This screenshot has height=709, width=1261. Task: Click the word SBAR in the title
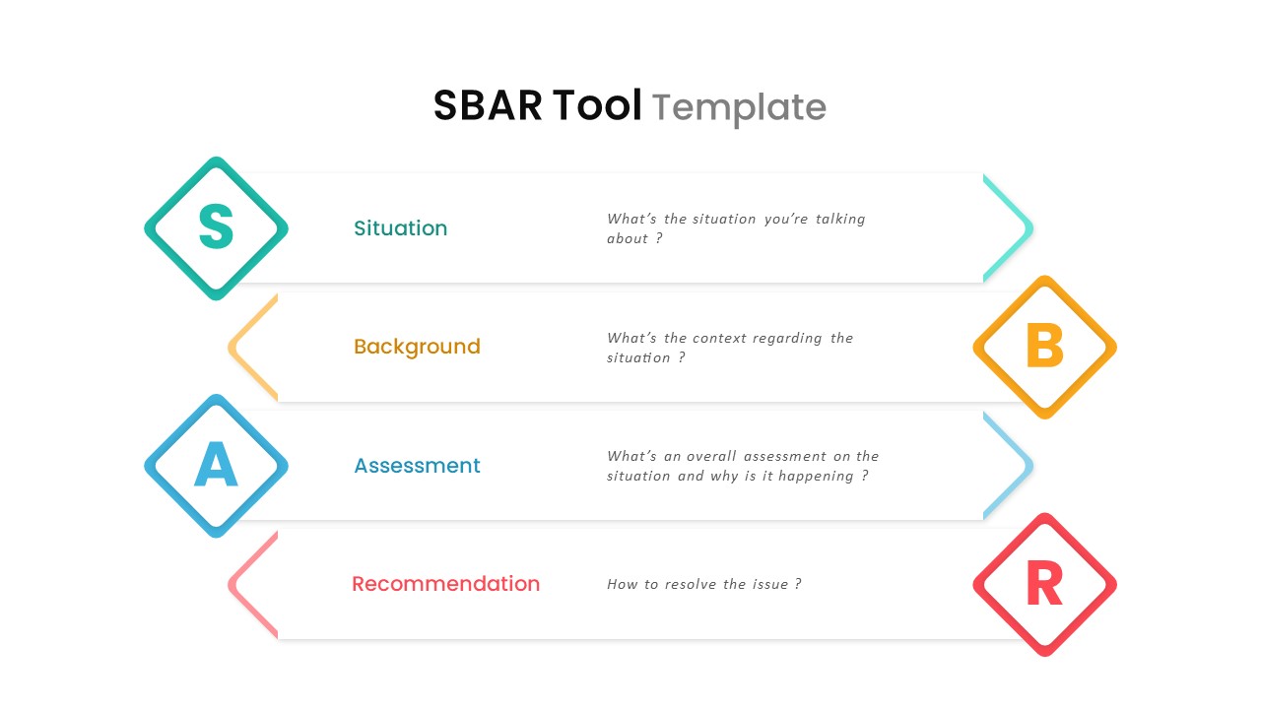[x=488, y=105]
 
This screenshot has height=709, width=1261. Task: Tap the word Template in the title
[x=739, y=107]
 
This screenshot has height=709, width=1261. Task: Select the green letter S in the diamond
[x=216, y=227]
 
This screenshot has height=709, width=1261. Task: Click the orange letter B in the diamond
[x=1044, y=347]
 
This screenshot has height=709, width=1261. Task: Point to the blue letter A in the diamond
[x=216, y=466]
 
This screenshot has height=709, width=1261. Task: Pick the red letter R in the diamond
[x=1044, y=584]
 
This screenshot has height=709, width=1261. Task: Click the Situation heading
[x=400, y=228]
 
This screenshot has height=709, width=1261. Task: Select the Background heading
[x=417, y=347]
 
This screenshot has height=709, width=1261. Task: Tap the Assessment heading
[x=417, y=466]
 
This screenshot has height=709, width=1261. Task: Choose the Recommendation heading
[x=445, y=584]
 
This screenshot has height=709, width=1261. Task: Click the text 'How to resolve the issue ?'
[x=703, y=584]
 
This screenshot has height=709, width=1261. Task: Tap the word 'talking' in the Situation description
[x=839, y=219]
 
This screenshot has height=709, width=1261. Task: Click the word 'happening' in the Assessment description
[x=817, y=477]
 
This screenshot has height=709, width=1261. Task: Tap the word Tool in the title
[x=597, y=105]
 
